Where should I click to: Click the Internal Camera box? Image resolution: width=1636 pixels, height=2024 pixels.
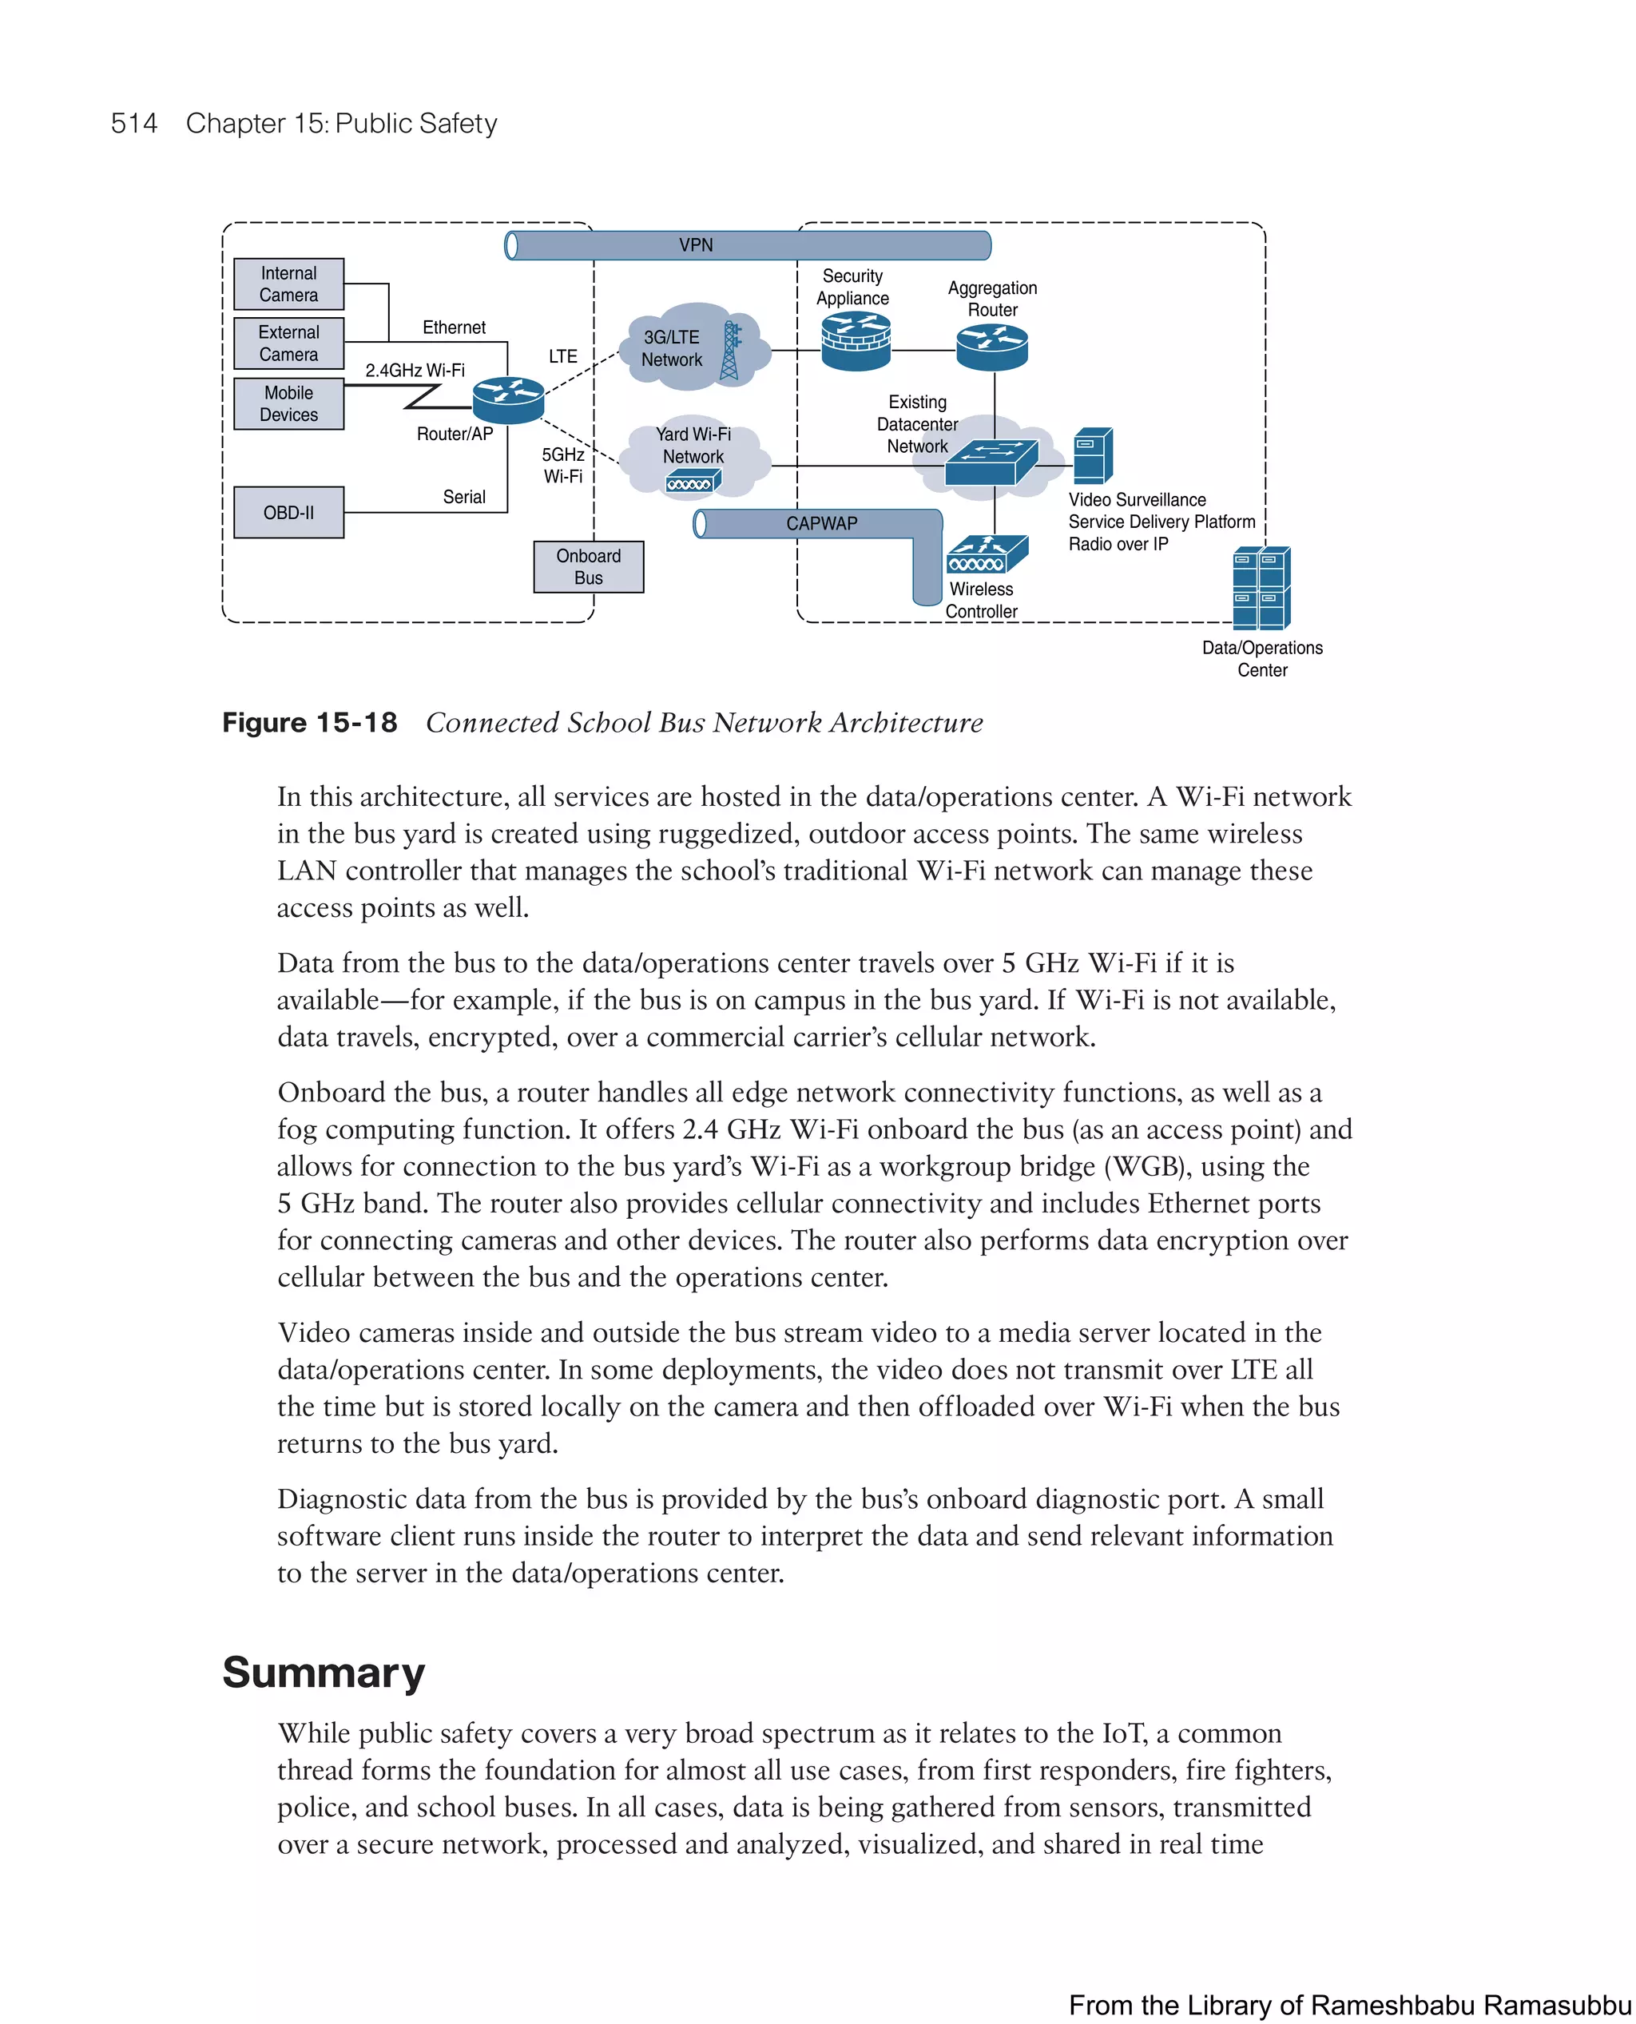[288, 284]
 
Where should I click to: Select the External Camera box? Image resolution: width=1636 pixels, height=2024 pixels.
[288, 343]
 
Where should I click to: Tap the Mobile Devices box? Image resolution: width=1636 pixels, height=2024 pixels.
[288, 403]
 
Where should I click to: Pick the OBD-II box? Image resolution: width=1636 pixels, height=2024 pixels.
[288, 513]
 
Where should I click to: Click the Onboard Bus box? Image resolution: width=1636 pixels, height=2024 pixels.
[588, 566]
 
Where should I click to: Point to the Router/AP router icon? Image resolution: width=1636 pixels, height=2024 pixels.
[508, 399]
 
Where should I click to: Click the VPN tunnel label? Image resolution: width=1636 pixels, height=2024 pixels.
[696, 245]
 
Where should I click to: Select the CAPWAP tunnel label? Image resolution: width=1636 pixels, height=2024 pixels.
[822, 524]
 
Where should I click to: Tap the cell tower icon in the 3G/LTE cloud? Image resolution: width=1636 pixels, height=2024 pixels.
[730, 351]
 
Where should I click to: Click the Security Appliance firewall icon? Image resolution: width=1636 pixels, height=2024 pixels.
[856, 341]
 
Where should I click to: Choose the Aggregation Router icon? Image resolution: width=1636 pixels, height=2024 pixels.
[992, 347]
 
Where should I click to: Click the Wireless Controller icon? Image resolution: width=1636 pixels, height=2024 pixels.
[987, 554]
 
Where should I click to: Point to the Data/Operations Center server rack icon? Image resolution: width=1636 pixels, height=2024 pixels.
[1262, 588]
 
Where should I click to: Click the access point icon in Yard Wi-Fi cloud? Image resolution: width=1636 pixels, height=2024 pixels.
[693, 482]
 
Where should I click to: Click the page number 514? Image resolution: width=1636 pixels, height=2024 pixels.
[134, 124]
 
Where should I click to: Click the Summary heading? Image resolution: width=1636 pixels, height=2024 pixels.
[324, 1673]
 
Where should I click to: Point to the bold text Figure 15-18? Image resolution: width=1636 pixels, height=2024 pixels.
[309, 723]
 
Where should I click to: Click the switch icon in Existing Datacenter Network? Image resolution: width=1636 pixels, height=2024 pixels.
[991, 462]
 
